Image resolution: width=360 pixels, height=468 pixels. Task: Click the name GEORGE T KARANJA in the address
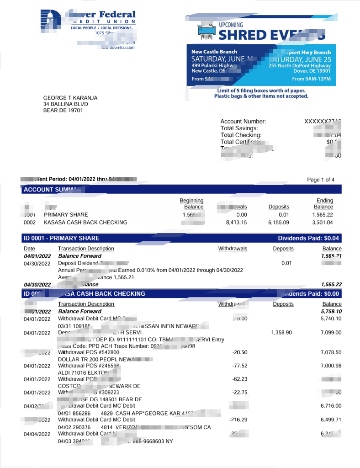pos(70,98)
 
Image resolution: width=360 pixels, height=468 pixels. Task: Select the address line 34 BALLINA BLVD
pos(65,104)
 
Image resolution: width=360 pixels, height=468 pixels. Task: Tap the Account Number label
pos(243,122)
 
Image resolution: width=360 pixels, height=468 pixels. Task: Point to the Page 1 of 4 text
pos(321,180)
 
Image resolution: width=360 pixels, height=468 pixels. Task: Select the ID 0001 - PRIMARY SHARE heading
pos(61,238)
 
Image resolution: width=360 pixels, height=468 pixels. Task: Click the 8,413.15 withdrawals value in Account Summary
pos(237,223)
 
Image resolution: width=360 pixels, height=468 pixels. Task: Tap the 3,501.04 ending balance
pos(323,223)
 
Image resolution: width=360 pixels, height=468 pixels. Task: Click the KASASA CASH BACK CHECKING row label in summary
pos(85,223)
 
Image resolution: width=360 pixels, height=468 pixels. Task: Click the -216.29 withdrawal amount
pos(238,419)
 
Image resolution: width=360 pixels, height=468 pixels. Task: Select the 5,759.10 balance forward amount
pos(331,311)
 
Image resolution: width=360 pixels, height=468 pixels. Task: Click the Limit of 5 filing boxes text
pos(261,90)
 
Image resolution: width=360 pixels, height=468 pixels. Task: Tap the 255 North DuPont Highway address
pos(299,65)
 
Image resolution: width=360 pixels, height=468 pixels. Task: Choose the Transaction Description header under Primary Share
pos(86,249)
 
